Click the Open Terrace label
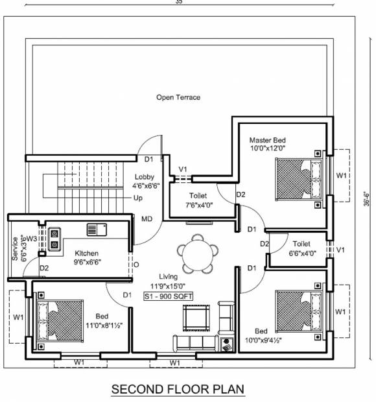tap(178, 97)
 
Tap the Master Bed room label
tap(267, 140)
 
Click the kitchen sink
tap(97, 230)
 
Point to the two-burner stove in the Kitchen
tap(54, 239)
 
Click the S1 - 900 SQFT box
tap(168, 296)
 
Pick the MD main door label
tap(147, 219)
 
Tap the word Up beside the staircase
tap(138, 198)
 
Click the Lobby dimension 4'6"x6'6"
tap(146, 186)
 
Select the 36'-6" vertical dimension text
tap(367, 199)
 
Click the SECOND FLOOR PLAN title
tap(178, 389)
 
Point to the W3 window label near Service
tap(32, 239)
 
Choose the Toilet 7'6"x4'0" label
tap(199, 200)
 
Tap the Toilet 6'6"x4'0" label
tap(302, 248)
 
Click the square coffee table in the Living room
tap(196, 318)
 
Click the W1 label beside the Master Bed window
tap(341, 175)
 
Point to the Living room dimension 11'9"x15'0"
tap(168, 286)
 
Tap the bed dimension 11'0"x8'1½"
tap(104, 325)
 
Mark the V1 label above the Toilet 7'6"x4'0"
tap(183, 169)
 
